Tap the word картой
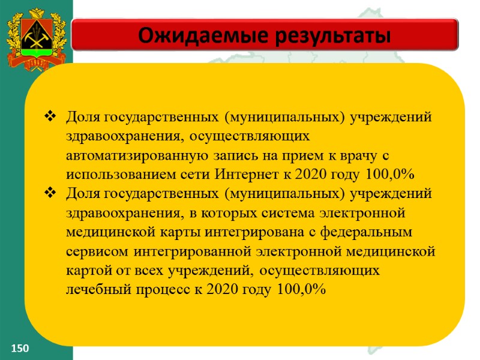click(x=88, y=270)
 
